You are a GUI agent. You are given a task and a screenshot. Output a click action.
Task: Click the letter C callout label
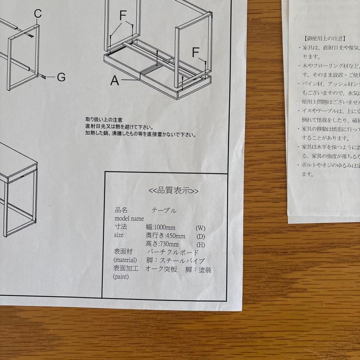[38, 14]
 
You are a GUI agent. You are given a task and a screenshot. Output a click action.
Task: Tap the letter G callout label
[61, 77]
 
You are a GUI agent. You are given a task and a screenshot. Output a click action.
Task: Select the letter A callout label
[115, 80]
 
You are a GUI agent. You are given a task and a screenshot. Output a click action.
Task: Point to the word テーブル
[164, 211]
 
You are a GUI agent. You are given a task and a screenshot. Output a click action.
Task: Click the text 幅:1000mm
[160, 228]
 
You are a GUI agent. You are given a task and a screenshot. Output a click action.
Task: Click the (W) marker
[200, 228]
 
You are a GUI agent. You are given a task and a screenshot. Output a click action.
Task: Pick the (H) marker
[201, 245]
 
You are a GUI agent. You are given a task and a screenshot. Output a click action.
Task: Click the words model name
[129, 219]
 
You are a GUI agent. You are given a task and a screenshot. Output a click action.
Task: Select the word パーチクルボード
[173, 252]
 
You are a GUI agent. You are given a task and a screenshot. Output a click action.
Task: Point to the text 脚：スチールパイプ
[175, 261]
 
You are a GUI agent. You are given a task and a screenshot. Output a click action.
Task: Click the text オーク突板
[161, 269]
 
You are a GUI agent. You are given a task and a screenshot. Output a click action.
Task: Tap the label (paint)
[121, 277]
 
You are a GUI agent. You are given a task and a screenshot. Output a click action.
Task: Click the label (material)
[125, 260]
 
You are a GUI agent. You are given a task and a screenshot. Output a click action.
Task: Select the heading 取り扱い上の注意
[104, 119]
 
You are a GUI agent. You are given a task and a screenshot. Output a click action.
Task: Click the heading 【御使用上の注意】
[325, 39]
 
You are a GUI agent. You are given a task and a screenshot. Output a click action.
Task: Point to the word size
[119, 235]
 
